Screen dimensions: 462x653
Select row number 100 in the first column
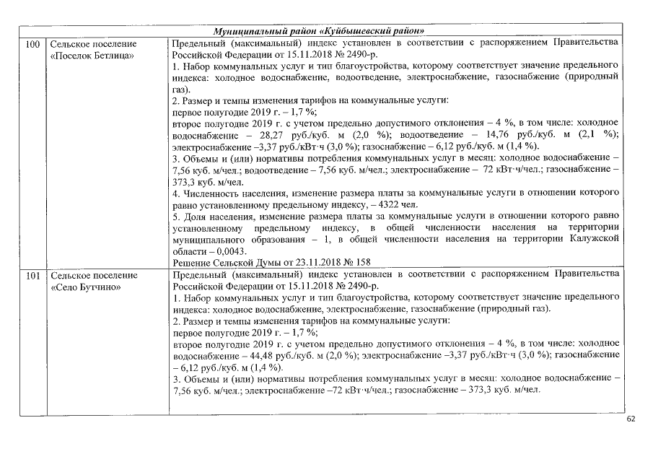(x=32, y=44)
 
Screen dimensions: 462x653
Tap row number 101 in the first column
(x=32, y=275)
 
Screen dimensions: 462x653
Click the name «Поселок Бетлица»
(x=92, y=56)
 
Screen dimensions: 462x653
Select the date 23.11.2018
(x=315, y=263)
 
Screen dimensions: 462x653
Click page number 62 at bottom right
(x=631, y=419)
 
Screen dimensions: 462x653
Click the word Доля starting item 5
(x=196, y=217)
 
